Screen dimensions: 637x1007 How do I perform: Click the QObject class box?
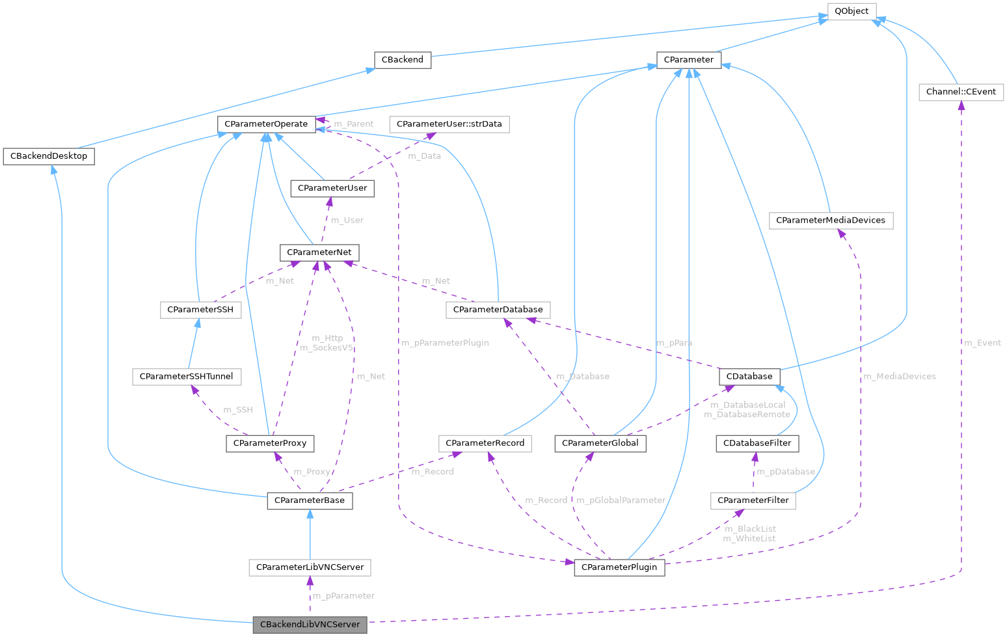pos(852,11)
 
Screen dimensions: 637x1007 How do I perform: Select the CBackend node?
pos(402,60)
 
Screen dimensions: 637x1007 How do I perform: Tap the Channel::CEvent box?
pos(961,92)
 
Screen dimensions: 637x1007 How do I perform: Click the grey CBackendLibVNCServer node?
pos(310,625)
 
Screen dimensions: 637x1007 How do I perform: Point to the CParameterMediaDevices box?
pos(830,221)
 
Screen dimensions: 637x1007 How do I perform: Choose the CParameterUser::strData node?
pos(449,124)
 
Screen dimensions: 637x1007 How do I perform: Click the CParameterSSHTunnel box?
pos(187,377)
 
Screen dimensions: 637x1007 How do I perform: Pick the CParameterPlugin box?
pos(619,567)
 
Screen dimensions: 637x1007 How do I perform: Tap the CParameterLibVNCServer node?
pos(310,567)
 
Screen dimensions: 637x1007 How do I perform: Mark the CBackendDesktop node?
pos(49,157)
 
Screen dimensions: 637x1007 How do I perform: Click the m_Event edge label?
pos(982,343)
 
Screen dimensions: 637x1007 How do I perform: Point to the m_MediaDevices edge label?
pos(899,376)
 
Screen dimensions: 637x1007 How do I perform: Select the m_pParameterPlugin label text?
pos(445,343)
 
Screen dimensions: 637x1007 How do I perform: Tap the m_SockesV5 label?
pos(327,348)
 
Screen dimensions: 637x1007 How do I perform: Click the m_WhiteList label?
pos(749,539)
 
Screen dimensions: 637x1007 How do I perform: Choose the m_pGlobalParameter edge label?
pos(621,500)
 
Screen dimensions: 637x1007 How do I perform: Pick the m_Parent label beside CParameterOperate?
pos(353,124)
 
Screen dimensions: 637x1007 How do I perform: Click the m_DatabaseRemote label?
pos(747,414)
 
